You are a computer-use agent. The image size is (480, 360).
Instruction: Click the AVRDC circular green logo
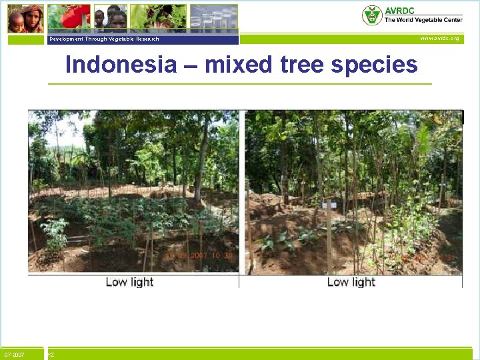(x=372, y=15)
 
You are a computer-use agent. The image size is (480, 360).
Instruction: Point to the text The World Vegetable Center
(x=423, y=20)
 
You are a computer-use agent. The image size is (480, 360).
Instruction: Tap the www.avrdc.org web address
(x=439, y=39)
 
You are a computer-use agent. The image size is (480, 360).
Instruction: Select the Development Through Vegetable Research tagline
(x=104, y=39)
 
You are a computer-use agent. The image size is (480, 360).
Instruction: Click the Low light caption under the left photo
(x=129, y=282)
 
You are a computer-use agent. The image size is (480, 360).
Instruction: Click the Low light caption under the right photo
(x=351, y=282)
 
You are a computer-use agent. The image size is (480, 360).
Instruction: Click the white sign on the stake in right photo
(x=328, y=204)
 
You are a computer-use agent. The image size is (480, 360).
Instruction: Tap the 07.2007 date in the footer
(x=15, y=355)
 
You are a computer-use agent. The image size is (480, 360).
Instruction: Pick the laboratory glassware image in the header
(x=213, y=18)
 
